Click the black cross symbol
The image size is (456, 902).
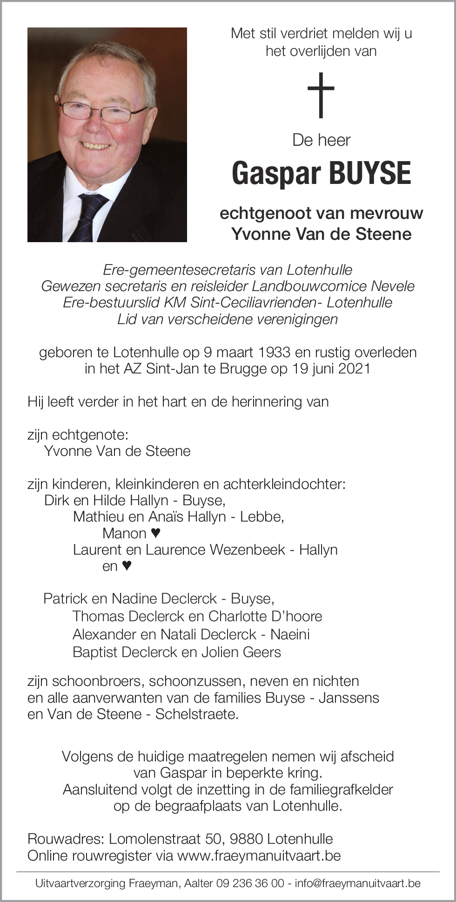click(321, 95)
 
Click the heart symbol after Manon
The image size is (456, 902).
click(156, 533)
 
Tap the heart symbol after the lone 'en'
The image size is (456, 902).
click(127, 566)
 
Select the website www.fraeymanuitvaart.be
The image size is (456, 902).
click(259, 855)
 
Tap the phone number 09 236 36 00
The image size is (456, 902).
click(250, 883)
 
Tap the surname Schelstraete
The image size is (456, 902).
click(196, 714)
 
